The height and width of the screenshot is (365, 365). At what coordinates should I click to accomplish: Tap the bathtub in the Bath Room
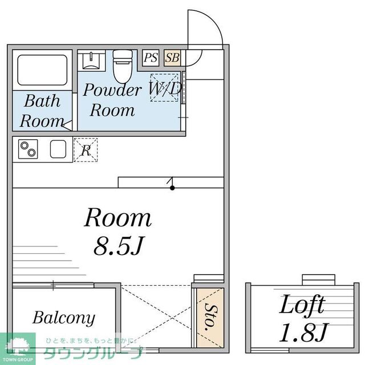42,70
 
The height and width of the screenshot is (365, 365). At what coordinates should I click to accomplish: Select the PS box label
151,58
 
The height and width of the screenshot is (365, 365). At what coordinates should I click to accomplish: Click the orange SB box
172,58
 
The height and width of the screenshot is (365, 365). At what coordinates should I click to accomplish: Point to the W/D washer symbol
165,88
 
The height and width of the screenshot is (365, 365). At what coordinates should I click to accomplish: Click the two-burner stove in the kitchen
28,149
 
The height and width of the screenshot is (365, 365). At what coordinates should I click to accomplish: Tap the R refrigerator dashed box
86,150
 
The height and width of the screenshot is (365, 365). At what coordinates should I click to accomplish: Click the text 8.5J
118,246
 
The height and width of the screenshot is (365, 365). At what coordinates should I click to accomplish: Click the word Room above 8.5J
118,218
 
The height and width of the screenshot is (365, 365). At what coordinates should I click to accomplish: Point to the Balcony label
64,318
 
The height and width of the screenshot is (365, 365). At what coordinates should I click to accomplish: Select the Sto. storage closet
209,317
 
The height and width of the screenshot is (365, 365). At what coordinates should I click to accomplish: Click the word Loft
302,305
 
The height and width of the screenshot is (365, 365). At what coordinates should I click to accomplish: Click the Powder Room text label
112,100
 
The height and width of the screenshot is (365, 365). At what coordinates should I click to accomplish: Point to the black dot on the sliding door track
172,187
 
